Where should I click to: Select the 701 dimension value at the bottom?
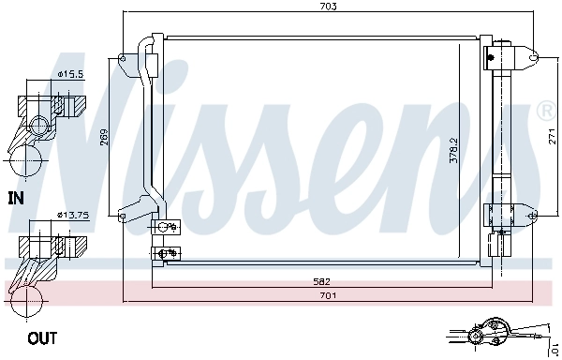point(327,295)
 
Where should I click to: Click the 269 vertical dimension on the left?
point(105,138)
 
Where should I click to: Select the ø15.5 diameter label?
point(70,73)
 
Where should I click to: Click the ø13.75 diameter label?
point(72,215)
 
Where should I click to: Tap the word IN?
point(15,198)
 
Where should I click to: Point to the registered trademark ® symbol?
point(546,112)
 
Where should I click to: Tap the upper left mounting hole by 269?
point(123,59)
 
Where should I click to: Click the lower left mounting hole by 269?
point(123,216)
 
